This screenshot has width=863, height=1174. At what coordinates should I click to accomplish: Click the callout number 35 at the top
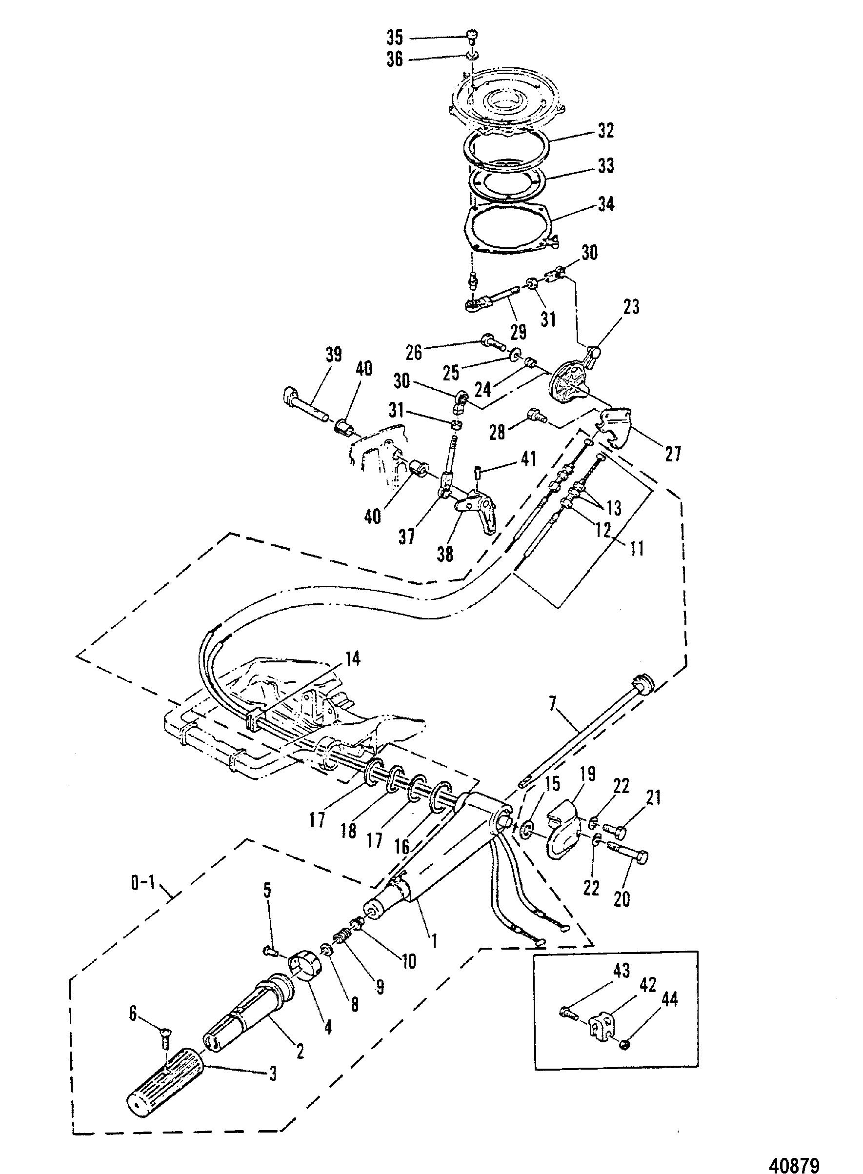point(395,38)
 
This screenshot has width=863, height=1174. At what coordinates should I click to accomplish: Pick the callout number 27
point(672,453)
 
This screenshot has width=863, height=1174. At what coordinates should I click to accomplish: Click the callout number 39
point(333,354)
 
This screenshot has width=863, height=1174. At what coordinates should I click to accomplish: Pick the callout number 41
point(528,459)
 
